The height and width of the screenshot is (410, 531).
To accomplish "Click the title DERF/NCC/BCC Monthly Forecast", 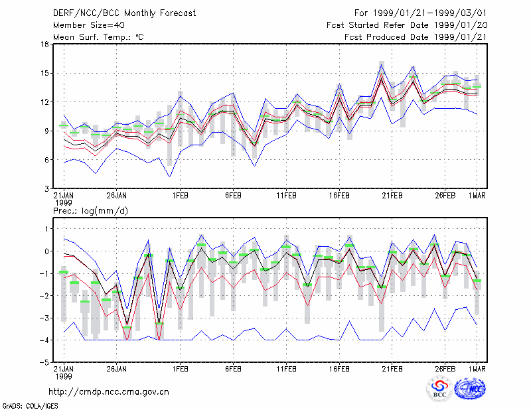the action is click(124, 13).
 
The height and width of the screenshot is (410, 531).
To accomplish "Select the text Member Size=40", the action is click(89, 25).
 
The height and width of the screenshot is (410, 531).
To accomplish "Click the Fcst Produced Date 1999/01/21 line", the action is click(416, 37).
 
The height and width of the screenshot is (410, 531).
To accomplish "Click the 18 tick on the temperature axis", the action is click(45, 44).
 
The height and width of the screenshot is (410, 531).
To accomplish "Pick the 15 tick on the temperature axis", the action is click(45, 73).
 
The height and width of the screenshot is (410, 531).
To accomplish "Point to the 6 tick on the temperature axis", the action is click(46, 159).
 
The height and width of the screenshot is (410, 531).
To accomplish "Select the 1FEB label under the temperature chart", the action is click(180, 196).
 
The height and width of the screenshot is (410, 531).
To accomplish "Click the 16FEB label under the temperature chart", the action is click(339, 196).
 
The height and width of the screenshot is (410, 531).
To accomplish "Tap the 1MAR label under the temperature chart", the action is click(477, 196).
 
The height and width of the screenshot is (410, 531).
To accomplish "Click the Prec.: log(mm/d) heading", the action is click(91, 211).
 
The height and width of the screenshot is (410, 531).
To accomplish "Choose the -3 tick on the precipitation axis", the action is click(44, 318).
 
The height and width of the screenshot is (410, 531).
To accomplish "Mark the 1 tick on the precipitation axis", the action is click(47, 229).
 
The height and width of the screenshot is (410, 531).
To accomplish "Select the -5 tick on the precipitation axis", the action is click(44, 362).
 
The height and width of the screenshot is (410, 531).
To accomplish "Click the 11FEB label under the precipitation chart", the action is click(287, 369).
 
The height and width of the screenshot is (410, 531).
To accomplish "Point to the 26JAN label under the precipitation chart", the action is click(117, 369).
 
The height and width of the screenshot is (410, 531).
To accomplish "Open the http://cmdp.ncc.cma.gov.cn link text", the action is click(109, 392).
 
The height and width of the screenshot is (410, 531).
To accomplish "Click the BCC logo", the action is click(439, 389).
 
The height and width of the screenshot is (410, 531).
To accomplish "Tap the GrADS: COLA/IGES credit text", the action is click(31, 406).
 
